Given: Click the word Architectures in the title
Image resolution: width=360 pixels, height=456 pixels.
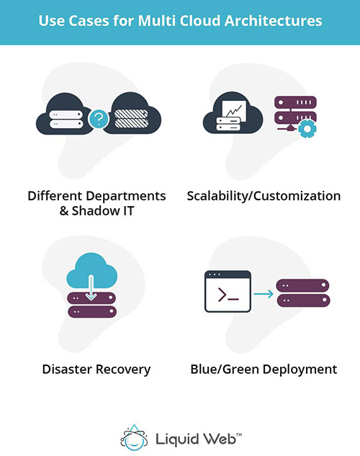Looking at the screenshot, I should coord(274,21).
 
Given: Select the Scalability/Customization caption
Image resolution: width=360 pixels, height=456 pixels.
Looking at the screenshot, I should coord(263,196).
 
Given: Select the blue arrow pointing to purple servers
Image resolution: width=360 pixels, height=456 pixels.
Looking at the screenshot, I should coord(264,292).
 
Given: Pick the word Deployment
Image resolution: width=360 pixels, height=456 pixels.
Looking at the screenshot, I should coord(297,370).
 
